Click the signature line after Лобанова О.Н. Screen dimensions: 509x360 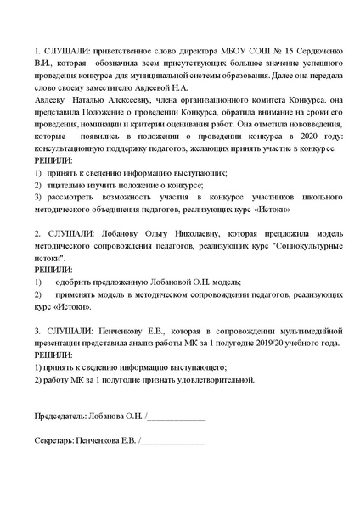click(177, 418)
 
